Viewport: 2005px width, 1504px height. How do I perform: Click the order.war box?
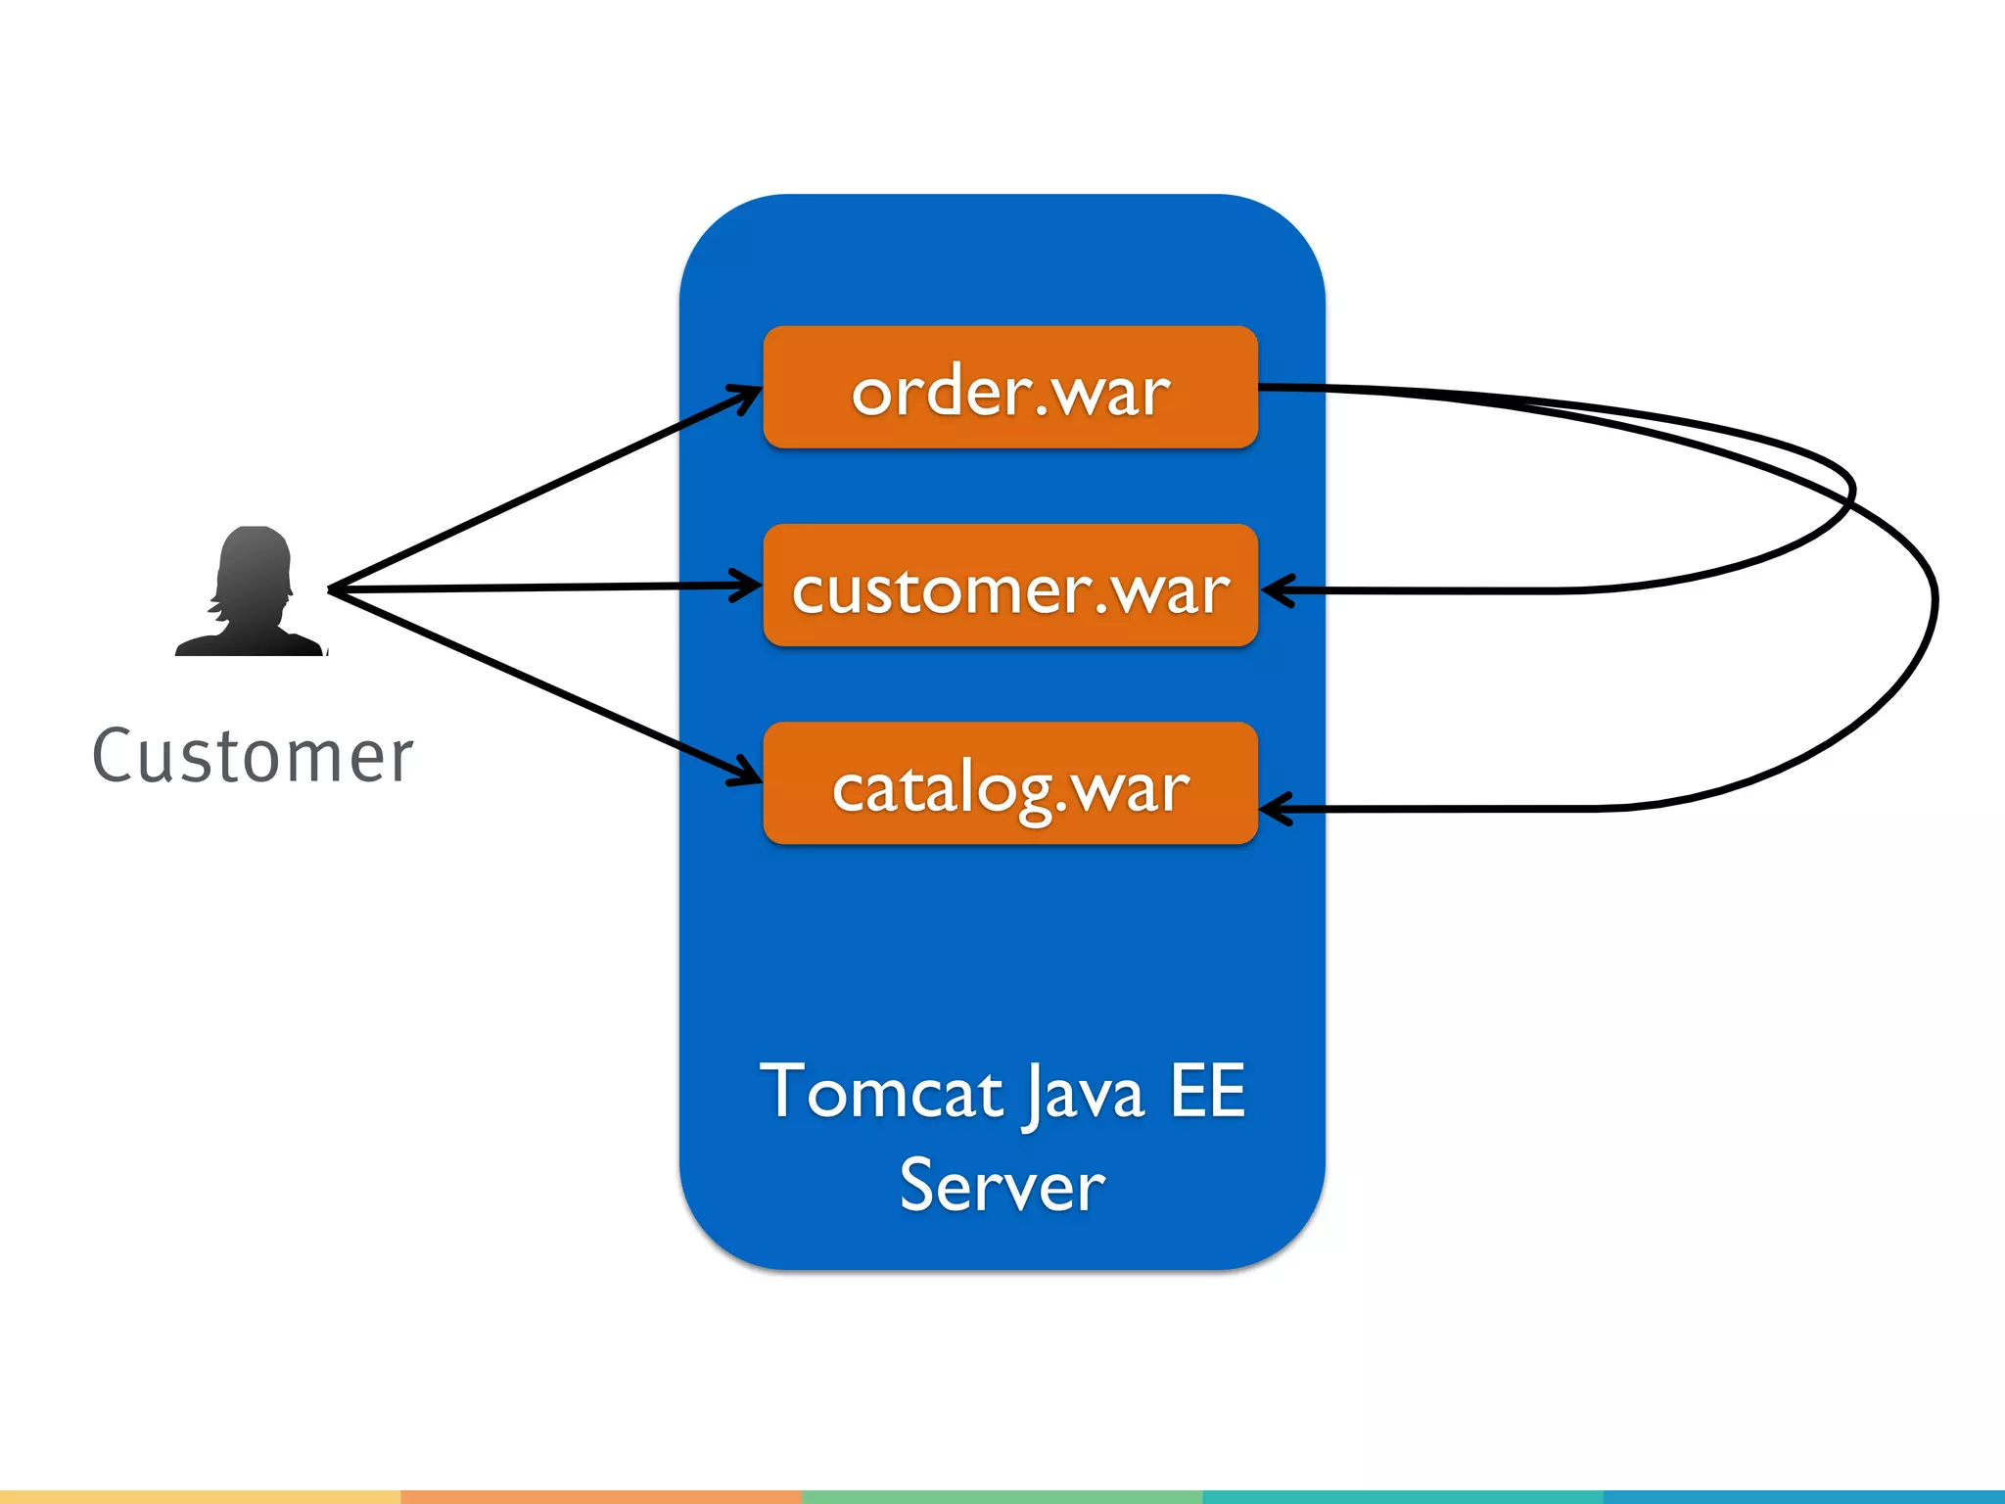click(1009, 388)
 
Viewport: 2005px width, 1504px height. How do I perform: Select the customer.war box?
click(1009, 586)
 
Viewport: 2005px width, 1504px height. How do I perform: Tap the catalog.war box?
click(1009, 783)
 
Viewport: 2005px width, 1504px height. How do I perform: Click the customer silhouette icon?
click(251, 593)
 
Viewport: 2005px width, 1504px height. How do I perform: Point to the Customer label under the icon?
click(253, 756)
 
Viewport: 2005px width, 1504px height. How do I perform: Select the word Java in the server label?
click(1085, 1094)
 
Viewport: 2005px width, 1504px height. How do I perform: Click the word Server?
click(1002, 1185)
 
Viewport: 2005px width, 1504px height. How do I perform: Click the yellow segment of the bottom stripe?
click(200, 1497)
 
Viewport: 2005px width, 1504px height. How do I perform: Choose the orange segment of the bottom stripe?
click(601, 1497)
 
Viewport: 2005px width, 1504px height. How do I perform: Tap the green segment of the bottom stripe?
click(1002, 1497)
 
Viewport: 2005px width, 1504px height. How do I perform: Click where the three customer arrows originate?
click(331, 590)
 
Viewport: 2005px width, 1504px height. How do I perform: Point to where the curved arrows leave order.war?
click(1263, 388)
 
